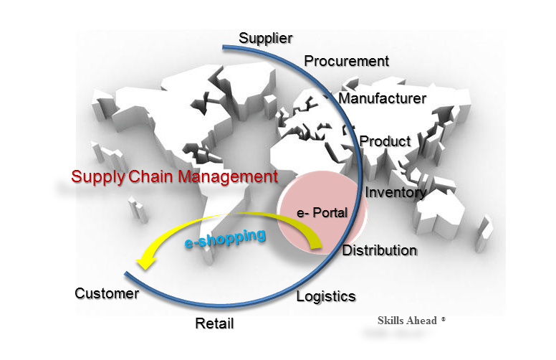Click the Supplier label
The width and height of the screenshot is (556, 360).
tap(265, 38)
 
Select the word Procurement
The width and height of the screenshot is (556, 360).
tap(346, 61)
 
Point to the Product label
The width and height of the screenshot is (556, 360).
tap(385, 141)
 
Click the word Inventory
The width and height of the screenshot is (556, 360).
tap(396, 192)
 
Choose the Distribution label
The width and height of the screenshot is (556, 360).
tap(379, 250)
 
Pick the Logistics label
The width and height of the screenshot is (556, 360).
tap(326, 295)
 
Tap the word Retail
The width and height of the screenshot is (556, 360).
tap(214, 323)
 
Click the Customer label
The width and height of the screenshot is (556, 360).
tap(107, 293)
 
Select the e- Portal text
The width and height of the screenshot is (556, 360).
tap(322, 213)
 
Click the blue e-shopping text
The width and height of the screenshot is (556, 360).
tap(225, 237)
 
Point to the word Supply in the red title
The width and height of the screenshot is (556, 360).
tap(99, 176)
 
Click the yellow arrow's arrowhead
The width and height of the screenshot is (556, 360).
tap(145, 263)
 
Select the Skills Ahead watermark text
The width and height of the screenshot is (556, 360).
tap(407, 321)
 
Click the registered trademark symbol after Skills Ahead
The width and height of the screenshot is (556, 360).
tap(444, 318)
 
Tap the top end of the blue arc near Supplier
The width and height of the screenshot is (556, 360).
tap(224, 47)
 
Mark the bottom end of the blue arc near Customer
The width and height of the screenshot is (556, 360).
tap(127, 274)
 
